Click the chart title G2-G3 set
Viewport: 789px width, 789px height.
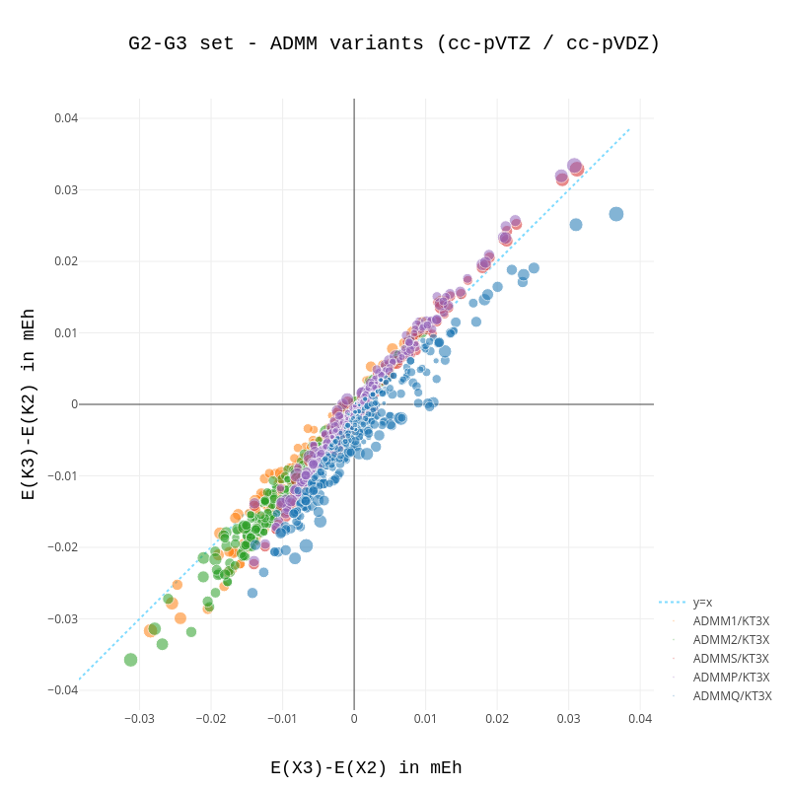394,43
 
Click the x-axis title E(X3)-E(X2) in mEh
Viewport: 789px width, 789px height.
366,767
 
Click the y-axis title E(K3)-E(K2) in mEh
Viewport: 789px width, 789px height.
29,404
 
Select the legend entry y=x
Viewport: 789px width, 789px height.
702,603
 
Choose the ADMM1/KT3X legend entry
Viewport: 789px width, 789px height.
731,621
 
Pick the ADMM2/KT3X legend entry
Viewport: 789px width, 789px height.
731,640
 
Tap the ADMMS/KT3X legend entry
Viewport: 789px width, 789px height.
731,659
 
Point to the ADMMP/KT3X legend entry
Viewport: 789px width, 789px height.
731,678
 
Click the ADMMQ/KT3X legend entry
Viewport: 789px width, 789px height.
732,696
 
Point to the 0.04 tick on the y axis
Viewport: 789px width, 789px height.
66,118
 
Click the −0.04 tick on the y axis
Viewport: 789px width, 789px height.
63,690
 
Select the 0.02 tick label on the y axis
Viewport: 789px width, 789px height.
66,261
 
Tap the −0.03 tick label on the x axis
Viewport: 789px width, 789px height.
139,719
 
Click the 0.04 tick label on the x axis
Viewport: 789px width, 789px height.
640,719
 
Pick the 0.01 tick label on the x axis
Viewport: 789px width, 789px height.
425,719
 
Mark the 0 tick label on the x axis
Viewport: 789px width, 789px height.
354,719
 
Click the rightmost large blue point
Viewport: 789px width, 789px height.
616,214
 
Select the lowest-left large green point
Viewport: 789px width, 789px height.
130,660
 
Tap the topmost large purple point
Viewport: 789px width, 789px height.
574,166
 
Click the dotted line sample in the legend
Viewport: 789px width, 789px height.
672,603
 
